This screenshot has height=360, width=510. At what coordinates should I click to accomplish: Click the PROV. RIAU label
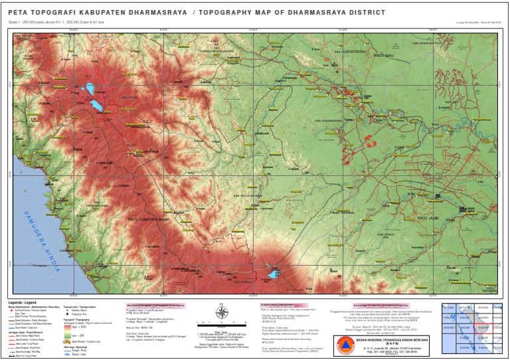click(x=386, y=56)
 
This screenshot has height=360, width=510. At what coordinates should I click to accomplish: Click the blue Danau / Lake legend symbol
click(x=67, y=348)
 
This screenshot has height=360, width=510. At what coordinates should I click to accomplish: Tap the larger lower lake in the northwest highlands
click(x=97, y=105)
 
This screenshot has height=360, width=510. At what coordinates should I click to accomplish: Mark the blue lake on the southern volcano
click(x=273, y=272)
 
